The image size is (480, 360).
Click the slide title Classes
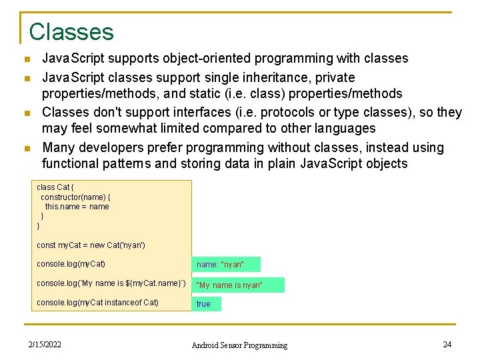71,31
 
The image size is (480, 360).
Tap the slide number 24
447,344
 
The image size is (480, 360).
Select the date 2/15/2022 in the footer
45,345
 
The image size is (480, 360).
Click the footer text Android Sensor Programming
239,345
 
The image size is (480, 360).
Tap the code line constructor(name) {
75,197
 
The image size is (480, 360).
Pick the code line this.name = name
77,207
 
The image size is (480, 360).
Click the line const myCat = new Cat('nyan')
91,245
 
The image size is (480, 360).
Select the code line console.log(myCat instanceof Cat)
97,303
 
